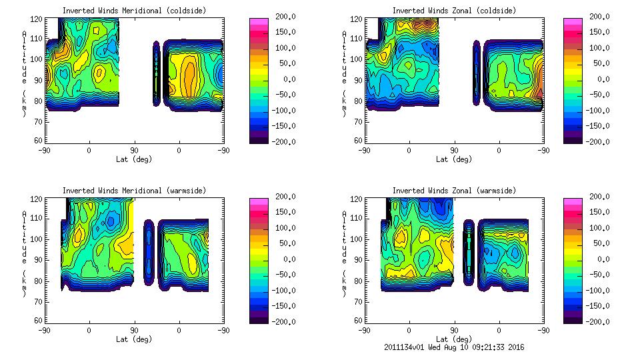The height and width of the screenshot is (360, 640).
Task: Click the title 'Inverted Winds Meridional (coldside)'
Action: point(134,11)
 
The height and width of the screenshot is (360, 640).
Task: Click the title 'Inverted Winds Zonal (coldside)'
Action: point(454,11)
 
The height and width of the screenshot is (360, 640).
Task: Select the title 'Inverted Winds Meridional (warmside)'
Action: point(134,191)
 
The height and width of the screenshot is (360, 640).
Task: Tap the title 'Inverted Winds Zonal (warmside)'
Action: point(454,191)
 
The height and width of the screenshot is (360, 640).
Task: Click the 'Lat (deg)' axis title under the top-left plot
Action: point(134,159)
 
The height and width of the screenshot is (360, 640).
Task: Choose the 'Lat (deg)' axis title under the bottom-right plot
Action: point(454,339)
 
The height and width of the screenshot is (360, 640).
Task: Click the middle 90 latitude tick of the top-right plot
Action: point(454,151)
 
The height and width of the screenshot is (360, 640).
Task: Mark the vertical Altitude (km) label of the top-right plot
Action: point(344,73)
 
